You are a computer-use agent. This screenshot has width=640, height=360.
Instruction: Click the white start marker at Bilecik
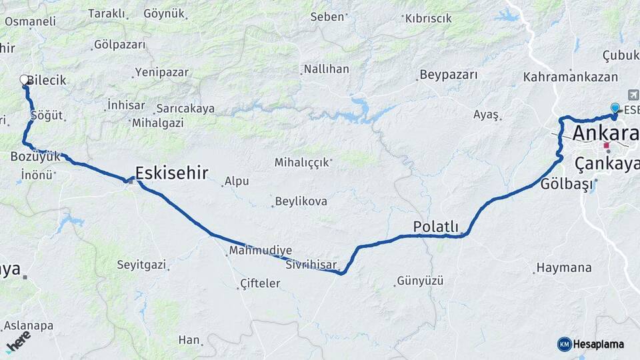(25, 80)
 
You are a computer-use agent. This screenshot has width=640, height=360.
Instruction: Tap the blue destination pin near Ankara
(615, 108)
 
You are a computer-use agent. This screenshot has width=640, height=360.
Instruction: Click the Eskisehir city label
(171, 173)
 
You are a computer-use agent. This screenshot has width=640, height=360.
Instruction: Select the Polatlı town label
(436, 227)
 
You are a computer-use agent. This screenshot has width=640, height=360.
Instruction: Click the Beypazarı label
(448, 75)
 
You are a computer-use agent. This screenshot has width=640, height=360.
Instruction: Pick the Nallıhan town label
(326, 69)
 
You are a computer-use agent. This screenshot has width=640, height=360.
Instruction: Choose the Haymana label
(564, 268)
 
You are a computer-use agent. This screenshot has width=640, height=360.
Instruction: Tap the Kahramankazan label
(570, 77)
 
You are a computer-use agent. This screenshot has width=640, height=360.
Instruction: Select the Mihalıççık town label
(303, 162)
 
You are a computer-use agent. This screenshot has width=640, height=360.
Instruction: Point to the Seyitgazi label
(141, 265)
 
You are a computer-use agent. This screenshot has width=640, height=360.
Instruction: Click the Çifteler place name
(259, 284)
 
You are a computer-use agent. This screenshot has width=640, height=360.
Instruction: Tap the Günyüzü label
(420, 281)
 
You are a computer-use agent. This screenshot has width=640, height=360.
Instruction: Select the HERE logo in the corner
(17, 341)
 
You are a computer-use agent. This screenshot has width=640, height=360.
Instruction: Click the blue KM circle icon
(564, 344)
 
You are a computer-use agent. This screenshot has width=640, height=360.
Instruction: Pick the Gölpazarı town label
(119, 45)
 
